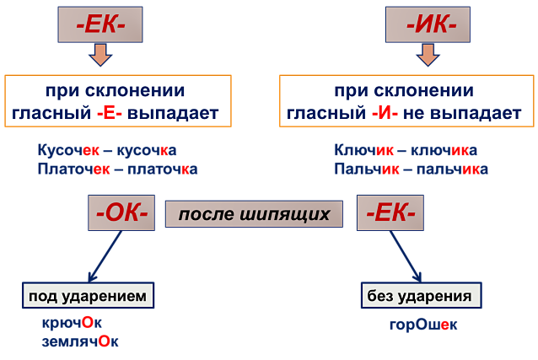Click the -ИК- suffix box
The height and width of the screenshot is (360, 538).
point(428,24)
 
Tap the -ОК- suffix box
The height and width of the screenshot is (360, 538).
point(121,212)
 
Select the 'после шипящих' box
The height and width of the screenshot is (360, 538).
point(254,214)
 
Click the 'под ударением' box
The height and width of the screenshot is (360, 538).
point(88,295)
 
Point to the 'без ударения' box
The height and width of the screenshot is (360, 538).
point(422,295)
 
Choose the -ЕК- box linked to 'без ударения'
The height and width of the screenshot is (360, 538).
point(390,212)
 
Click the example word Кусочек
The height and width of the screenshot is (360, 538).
point(68,150)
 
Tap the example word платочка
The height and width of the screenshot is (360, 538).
point(162,169)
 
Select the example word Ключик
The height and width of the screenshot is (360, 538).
point(363,150)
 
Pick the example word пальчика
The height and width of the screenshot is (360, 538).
point(452,169)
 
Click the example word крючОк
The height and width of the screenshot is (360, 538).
point(72,323)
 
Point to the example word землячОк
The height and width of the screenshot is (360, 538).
point(80,341)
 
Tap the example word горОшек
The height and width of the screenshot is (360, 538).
point(423,325)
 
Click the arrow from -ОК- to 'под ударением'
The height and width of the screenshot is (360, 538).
point(105,256)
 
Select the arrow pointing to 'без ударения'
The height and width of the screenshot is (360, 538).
point(406,256)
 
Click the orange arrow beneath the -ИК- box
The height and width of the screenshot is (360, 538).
point(428,55)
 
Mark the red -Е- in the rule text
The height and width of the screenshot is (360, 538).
point(110,113)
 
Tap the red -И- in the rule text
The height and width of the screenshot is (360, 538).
point(385,113)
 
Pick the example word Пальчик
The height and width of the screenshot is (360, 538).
point(367,169)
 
